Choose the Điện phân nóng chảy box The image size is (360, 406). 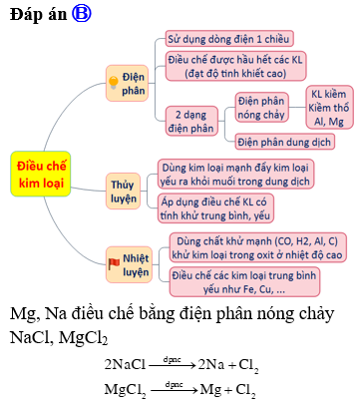(263, 107)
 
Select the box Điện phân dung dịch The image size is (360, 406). (286, 141)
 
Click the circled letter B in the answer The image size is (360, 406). (83, 13)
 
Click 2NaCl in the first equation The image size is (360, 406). (126, 363)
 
